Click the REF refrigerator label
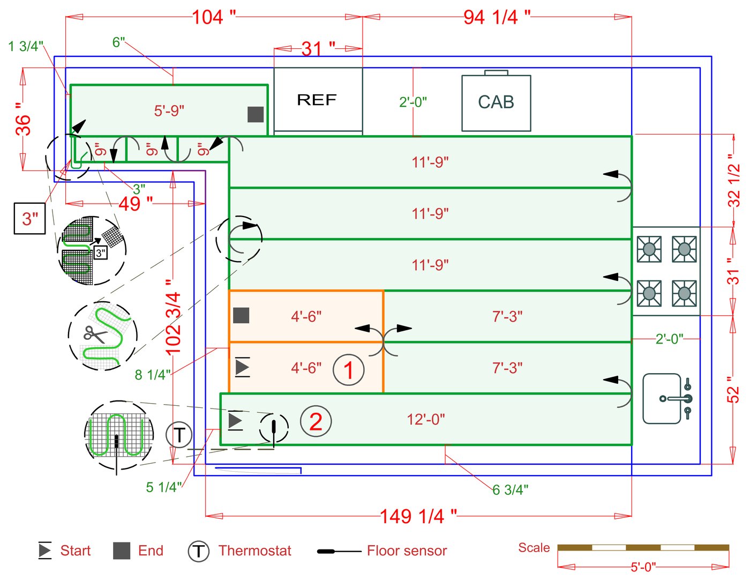point(317,100)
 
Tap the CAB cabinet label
point(496,102)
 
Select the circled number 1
point(349,370)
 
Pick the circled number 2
point(316,422)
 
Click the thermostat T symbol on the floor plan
point(179,435)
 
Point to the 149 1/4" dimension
point(418,516)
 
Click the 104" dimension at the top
point(214,17)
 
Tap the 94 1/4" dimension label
point(497,17)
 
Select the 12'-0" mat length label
point(426,419)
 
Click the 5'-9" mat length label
point(169,110)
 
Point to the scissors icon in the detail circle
point(95,335)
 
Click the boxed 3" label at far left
point(30,219)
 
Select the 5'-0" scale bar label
point(643,567)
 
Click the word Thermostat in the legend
point(254,551)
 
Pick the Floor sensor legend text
point(407,551)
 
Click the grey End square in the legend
point(122,551)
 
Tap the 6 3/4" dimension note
point(510,489)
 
